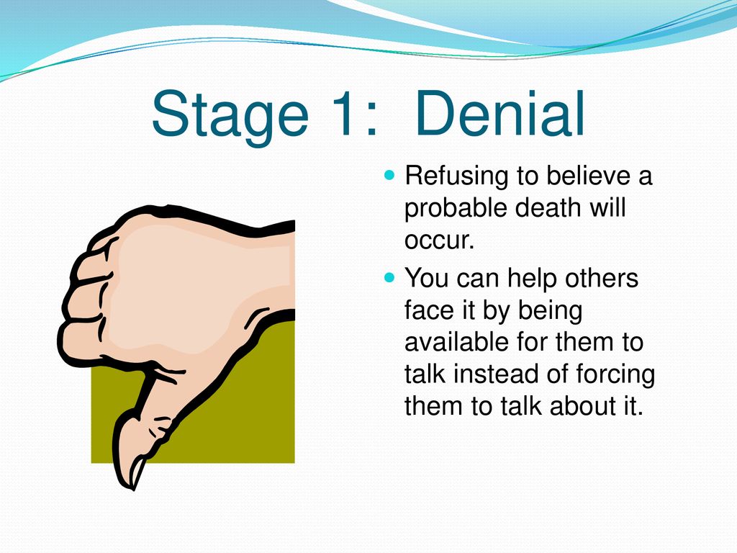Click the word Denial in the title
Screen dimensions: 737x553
point(500,113)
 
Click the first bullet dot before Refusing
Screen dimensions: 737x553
point(389,176)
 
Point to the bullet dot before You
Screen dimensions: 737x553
point(389,277)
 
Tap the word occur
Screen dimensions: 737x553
point(439,240)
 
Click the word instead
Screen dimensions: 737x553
point(495,374)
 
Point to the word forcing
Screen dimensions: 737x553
point(615,376)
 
